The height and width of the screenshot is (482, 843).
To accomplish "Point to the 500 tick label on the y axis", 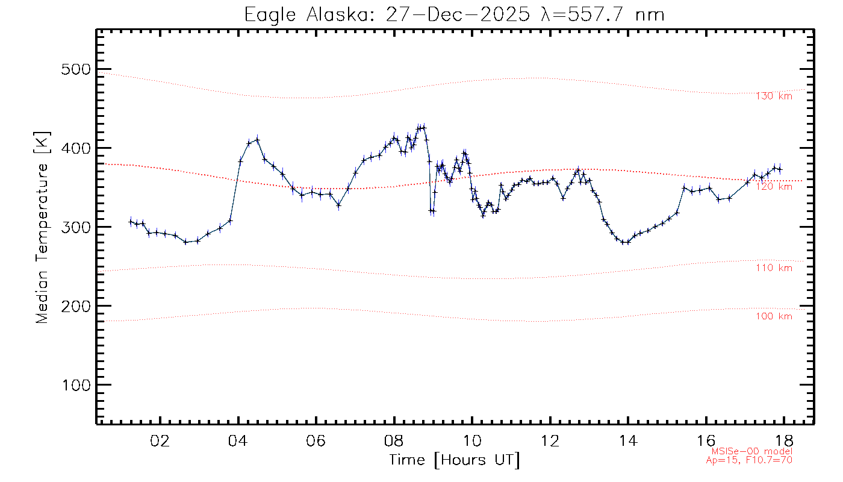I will pyautogui.click(x=76, y=69).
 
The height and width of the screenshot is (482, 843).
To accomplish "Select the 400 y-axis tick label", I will pyautogui.click(x=76, y=148).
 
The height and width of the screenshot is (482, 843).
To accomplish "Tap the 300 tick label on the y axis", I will pyautogui.click(x=76, y=227).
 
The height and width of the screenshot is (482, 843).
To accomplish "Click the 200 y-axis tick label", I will pyautogui.click(x=76, y=306).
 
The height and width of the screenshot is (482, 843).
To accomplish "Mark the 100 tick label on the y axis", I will pyautogui.click(x=76, y=385).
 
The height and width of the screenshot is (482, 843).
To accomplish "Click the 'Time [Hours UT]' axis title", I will pyautogui.click(x=455, y=460).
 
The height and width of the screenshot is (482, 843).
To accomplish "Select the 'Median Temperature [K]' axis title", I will pyautogui.click(x=42, y=228).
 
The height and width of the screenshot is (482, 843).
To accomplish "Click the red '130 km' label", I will pyautogui.click(x=774, y=96).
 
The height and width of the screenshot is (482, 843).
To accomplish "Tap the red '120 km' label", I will pyautogui.click(x=774, y=187).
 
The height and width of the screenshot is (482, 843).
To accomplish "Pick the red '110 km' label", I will pyautogui.click(x=774, y=268).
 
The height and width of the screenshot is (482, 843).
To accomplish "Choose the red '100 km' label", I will pyautogui.click(x=774, y=316).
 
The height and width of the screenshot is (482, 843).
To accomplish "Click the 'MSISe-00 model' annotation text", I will pyautogui.click(x=751, y=451).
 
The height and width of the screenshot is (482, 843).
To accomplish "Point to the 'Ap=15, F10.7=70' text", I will pyautogui.click(x=749, y=460).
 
